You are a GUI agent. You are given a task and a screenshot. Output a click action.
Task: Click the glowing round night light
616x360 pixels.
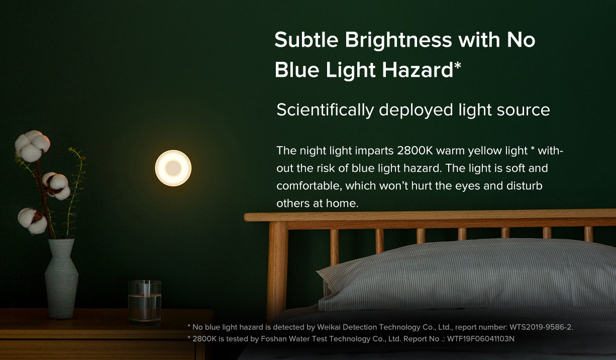tap(173, 168)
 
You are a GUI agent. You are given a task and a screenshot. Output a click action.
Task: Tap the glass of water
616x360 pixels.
tap(145, 302)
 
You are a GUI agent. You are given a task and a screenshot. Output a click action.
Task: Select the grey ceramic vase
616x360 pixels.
tap(61, 279)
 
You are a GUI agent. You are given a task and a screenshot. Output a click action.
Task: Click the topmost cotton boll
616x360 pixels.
tap(32, 146)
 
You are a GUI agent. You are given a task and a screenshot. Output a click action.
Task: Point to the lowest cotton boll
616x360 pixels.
tap(33, 221)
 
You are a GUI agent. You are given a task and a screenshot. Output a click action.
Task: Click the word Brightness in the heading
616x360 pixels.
tap(398, 40)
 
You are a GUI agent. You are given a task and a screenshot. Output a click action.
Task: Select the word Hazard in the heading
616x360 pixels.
tap(417, 70)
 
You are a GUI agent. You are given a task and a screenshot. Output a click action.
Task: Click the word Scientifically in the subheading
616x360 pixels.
tap(325, 110)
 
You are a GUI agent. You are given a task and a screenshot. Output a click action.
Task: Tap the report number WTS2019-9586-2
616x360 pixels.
tap(541, 327)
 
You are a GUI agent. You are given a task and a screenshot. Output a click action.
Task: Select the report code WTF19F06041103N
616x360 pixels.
tap(481, 338)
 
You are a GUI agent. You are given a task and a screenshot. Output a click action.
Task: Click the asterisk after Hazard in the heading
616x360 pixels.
tap(458, 65)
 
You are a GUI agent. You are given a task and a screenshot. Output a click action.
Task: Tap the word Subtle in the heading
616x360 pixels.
tap(306, 40)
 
